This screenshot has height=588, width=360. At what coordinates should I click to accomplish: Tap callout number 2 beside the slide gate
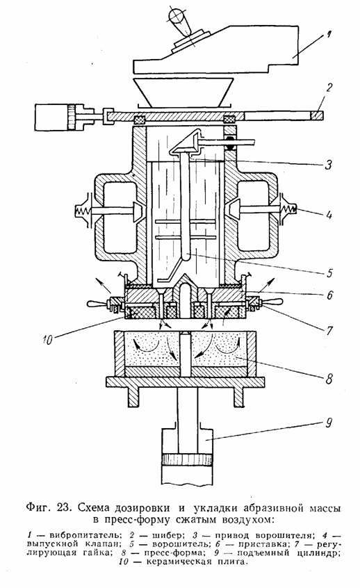(329, 88)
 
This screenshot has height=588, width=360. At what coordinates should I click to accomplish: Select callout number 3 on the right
(329, 165)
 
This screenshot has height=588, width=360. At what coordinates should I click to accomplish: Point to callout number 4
(329, 215)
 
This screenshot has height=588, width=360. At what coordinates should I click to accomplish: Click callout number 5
(329, 272)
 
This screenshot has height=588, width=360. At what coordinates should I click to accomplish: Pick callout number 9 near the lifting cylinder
(329, 423)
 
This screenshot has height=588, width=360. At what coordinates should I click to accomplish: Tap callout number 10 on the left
(47, 341)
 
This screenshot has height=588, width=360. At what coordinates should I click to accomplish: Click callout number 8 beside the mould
(329, 379)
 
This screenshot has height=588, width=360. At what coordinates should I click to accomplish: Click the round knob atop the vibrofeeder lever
(176, 16)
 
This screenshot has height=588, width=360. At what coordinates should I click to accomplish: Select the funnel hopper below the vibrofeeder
(183, 92)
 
